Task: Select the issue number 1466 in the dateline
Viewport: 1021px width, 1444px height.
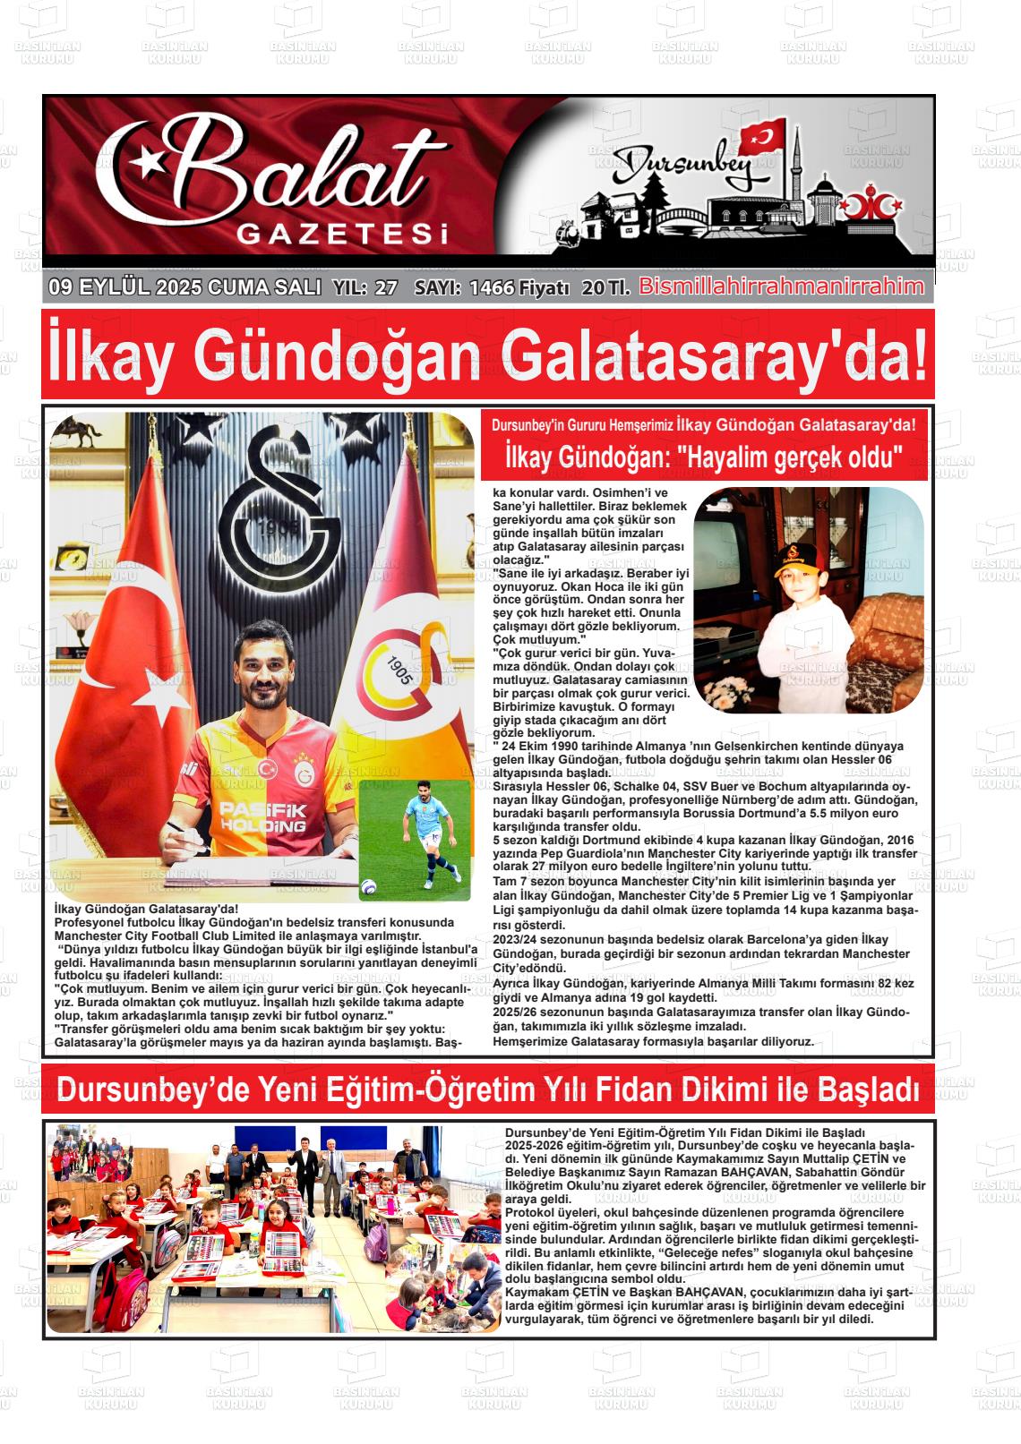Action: click(x=492, y=288)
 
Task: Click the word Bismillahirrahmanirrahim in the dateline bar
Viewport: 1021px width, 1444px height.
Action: click(x=781, y=286)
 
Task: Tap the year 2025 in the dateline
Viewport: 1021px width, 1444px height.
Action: click(x=179, y=288)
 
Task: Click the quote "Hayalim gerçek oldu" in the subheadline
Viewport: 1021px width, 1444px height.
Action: click(x=791, y=457)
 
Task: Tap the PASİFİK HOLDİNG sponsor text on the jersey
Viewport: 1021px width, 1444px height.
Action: click(x=262, y=816)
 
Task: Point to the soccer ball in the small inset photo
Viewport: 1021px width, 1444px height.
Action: click(x=368, y=886)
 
